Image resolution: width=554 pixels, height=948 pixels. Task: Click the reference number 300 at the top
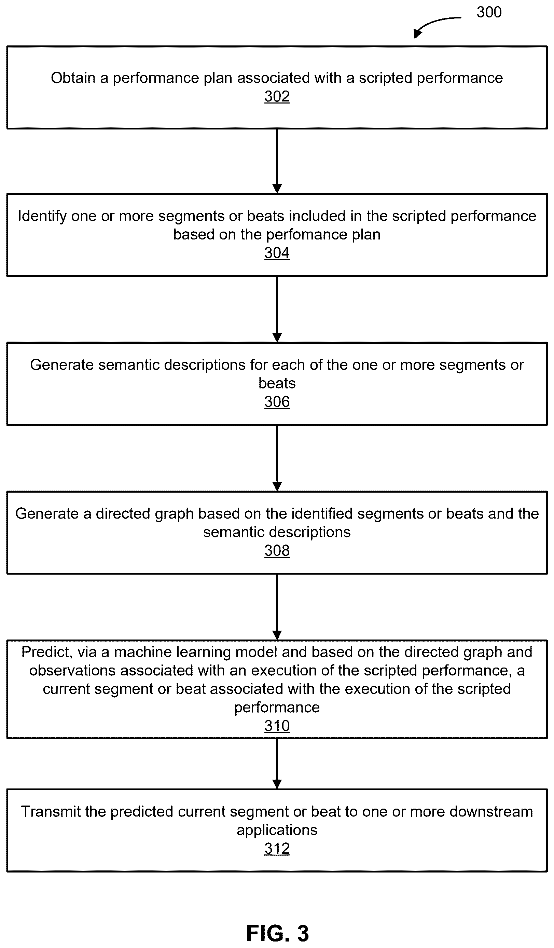[489, 12]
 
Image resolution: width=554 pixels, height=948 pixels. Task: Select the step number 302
[277, 97]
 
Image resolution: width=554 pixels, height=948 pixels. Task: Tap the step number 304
[277, 253]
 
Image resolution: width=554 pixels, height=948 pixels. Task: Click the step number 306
[277, 402]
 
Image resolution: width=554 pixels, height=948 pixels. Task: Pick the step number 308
[277, 551]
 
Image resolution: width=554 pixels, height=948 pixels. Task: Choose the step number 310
[277, 726]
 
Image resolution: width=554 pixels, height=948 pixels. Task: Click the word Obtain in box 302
[73, 78]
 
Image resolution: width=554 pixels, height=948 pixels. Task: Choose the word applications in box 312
[277, 830]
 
